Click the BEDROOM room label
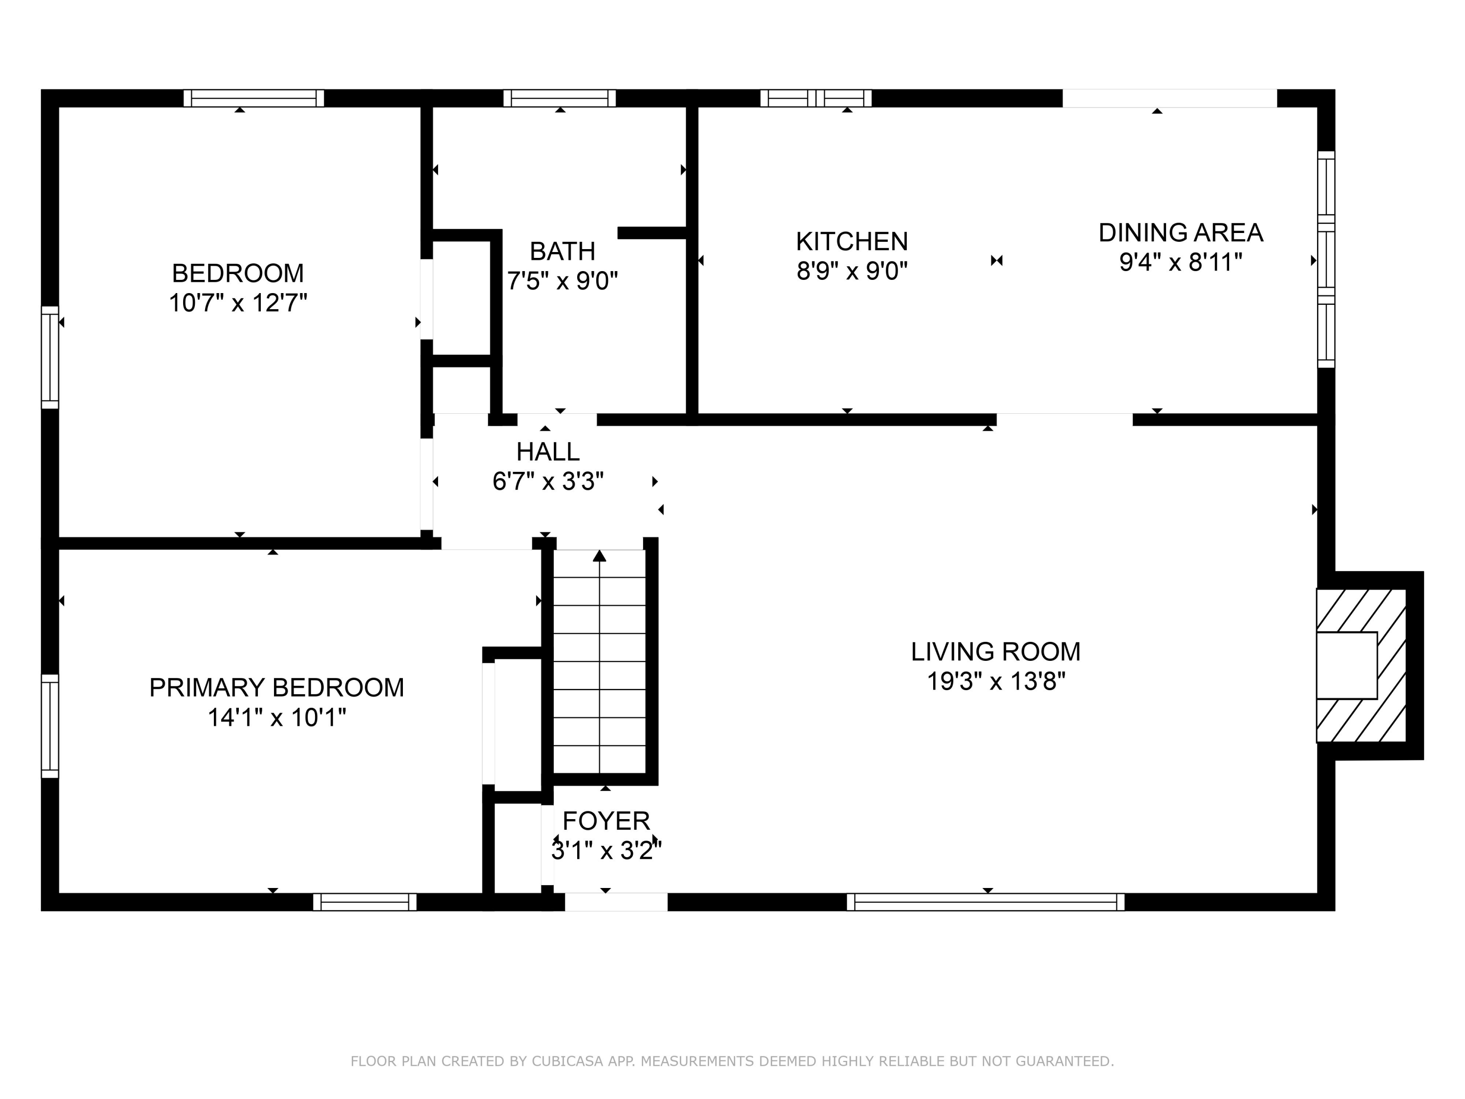click(x=238, y=273)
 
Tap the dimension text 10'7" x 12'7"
click(x=238, y=303)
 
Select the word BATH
click(x=562, y=252)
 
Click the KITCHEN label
click(x=852, y=242)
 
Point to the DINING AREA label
click(x=1181, y=233)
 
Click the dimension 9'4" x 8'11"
click(x=1180, y=263)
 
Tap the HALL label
click(x=548, y=452)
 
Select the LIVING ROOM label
click(x=995, y=652)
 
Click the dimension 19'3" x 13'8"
click(x=995, y=682)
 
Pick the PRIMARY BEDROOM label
click(x=276, y=688)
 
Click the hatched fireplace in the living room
click(x=1361, y=665)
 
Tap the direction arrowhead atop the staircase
click(x=599, y=556)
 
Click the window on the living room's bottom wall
click(x=985, y=902)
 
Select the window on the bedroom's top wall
click(x=253, y=98)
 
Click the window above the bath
click(x=560, y=98)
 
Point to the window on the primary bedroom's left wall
click(x=50, y=726)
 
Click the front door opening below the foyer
click(x=616, y=902)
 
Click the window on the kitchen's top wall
click(x=816, y=98)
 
